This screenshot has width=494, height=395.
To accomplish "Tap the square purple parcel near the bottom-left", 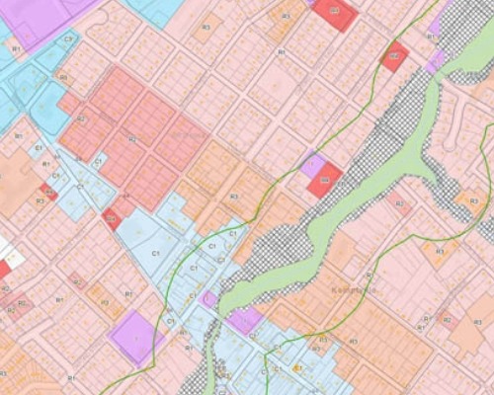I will pyautogui.click(x=135, y=336).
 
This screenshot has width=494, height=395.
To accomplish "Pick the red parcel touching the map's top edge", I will pyautogui.click(x=334, y=14).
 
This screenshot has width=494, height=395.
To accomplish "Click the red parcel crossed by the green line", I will pyautogui.click(x=394, y=55).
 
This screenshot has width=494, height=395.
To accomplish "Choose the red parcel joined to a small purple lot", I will pyautogui.click(x=326, y=180).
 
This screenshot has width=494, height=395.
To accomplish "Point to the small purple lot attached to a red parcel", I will pyautogui.click(x=311, y=165).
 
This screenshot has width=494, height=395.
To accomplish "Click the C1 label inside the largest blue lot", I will pyautogui.click(x=156, y=254).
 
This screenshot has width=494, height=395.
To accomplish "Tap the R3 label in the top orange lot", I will pyautogui.click(x=286, y=17).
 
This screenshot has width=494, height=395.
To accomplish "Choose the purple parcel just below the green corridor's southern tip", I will pyautogui.click(x=243, y=318).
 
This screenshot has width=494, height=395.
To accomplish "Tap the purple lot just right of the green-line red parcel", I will pyautogui.click(x=436, y=60).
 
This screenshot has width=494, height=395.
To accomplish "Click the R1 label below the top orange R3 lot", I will pyautogui.click(x=281, y=50).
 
